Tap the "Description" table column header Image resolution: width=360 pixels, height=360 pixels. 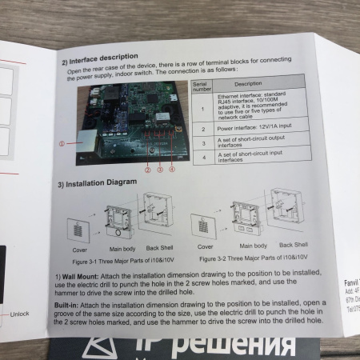click(248, 82)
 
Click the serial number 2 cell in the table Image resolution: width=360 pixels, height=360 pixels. click(203, 128)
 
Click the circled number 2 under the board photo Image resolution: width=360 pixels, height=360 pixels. click(147, 170)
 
